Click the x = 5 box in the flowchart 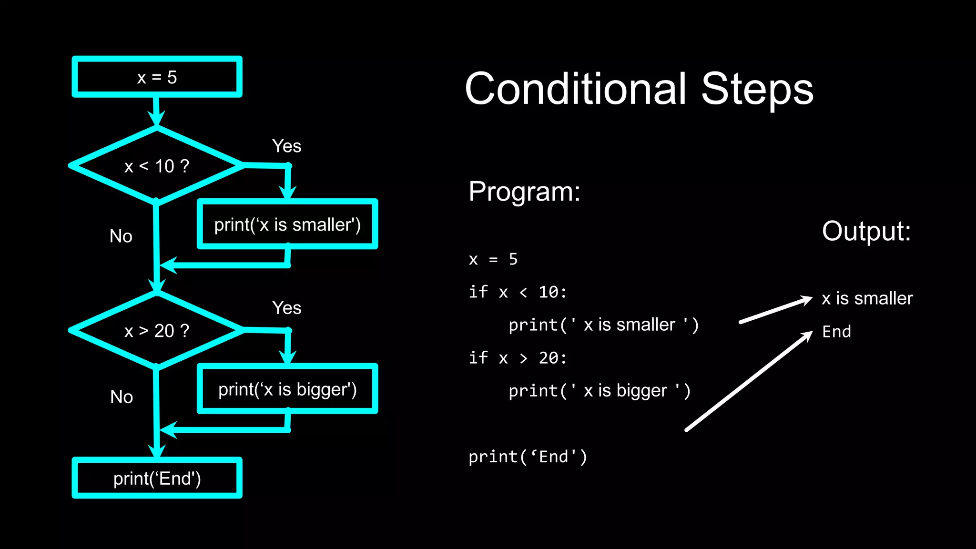[x=157, y=77]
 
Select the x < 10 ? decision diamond [x=157, y=166]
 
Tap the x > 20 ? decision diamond [x=157, y=330]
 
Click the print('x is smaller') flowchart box [x=287, y=224]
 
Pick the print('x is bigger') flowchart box [x=287, y=389]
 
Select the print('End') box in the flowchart [x=157, y=478]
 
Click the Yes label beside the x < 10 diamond [x=286, y=146]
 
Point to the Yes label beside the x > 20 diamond [x=286, y=308]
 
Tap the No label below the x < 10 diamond [x=121, y=236]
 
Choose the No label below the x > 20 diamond [x=121, y=396]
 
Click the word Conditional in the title [x=575, y=89]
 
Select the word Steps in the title [x=757, y=89]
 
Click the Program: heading [x=524, y=192]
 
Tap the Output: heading [x=866, y=231]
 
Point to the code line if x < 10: [x=518, y=292]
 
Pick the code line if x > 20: [x=518, y=357]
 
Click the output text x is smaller [x=867, y=298]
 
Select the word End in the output [x=836, y=331]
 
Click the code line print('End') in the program [x=528, y=457]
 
